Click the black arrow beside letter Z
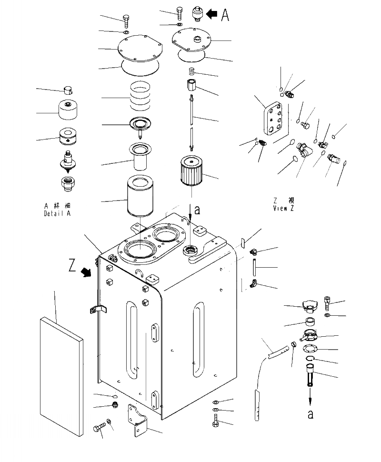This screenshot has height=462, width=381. pos(87,272)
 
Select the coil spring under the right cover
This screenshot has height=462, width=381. pos(191,72)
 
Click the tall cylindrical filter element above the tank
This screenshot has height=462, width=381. pos(141,196)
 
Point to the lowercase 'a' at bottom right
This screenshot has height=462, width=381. pos(311,413)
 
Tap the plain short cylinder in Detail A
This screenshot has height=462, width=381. pos(68,111)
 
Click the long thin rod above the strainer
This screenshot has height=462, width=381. pos(191,122)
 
